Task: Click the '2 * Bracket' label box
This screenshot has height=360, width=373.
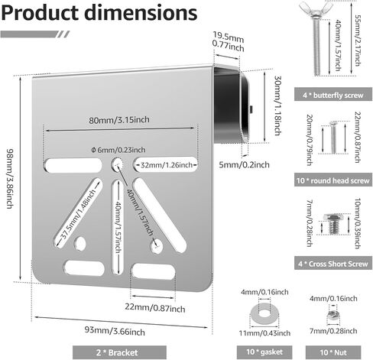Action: pyautogui.click(x=119, y=352)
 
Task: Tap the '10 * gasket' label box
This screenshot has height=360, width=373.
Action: pyautogui.click(x=264, y=352)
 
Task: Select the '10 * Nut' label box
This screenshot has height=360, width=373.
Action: pyautogui.click(x=333, y=352)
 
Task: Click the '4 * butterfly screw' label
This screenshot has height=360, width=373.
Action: pyautogui.click(x=333, y=95)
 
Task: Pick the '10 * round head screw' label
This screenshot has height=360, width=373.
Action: pyautogui.click(x=333, y=180)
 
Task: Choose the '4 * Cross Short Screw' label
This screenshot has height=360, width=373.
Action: pyautogui.click(x=333, y=264)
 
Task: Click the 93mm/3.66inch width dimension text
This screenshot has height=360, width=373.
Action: pyautogui.click(x=115, y=331)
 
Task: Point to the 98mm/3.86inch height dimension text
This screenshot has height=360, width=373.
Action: pyautogui.click(x=9, y=178)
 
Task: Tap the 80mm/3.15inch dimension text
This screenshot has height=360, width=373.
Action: pyautogui.click(x=119, y=120)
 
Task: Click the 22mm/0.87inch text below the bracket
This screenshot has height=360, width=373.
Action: pyautogui.click(x=155, y=307)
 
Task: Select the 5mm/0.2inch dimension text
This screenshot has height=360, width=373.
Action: pyautogui.click(x=244, y=164)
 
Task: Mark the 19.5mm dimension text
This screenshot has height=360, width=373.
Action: pyautogui.click(x=229, y=37)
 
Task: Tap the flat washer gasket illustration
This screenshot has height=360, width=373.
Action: pyautogui.click(x=264, y=314)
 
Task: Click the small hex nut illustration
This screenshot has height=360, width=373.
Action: pyautogui.click(x=333, y=316)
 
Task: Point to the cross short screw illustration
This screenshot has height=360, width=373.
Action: pyautogui.click(x=332, y=224)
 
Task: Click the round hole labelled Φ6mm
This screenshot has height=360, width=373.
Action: pyautogui.click(x=117, y=164)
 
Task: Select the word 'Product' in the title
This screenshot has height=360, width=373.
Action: pyautogui.click(x=40, y=12)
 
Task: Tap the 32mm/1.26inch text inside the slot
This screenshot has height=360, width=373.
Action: pyautogui.click(x=167, y=165)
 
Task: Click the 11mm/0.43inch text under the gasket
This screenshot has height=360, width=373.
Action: pyautogui.click(x=264, y=332)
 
